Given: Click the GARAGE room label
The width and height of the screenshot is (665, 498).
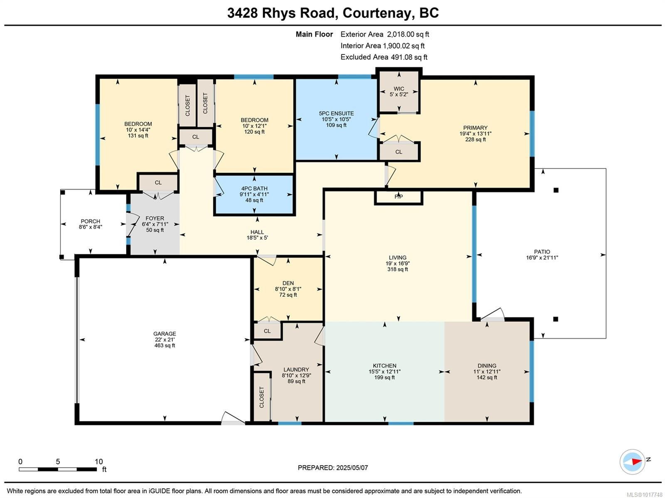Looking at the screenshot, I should pyautogui.click(x=165, y=333).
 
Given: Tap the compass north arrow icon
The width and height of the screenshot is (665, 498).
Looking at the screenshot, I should pyautogui.click(x=633, y=461).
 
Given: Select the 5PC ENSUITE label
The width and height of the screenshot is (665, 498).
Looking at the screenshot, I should pyautogui.click(x=336, y=113).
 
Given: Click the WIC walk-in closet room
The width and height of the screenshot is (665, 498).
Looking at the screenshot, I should pyautogui.click(x=399, y=91).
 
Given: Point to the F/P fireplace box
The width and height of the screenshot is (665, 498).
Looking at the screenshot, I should pyautogui.click(x=398, y=197).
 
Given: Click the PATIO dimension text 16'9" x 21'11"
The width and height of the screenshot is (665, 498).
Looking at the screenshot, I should pyautogui.click(x=542, y=258).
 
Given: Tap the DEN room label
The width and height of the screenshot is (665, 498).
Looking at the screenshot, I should pyautogui.click(x=288, y=283).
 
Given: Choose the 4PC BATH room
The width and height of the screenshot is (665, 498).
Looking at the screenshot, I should pyautogui.click(x=254, y=194).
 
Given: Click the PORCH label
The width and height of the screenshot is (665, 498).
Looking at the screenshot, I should pyautogui.click(x=90, y=221).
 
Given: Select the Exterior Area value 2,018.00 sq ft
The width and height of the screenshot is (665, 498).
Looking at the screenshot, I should pyautogui.click(x=408, y=35).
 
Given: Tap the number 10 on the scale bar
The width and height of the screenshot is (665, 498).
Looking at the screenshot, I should pyautogui.click(x=99, y=461).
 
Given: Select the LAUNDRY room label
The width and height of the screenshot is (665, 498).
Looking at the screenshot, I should pyautogui.click(x=296, y=370).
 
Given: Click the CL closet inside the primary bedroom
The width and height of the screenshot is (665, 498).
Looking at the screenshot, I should pyautogui.click(x=399, y=152).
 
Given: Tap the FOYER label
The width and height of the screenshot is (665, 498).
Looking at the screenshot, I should pyautogui.click(x=155, y=218).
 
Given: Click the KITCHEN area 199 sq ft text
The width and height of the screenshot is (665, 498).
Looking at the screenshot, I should pyautogui.click(x=384, y=377).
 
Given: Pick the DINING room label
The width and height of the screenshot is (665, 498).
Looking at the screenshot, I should pyautogui.click(x=487, y=366).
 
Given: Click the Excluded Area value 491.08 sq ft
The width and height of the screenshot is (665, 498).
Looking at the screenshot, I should pyautogui.click(x=409, y=57).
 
